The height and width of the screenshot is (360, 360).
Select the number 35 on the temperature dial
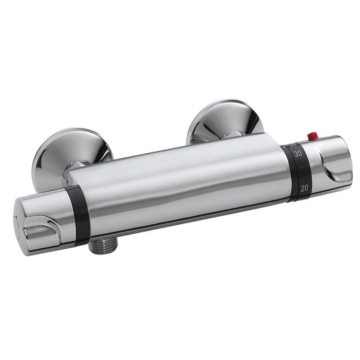(293, 145)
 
